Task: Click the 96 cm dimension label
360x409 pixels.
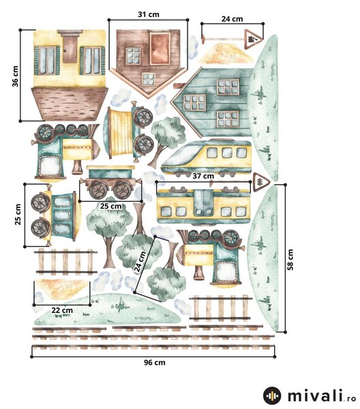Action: [155, 363]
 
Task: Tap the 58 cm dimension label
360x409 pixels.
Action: [290, 260]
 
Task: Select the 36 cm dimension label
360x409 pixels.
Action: [16, 76]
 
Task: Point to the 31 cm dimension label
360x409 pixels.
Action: [149, 14]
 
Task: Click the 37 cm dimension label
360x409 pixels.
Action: [203, 176]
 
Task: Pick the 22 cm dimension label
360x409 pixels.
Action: [62, 310]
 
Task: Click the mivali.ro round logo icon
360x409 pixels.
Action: [272, 395]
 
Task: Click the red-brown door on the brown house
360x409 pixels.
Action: [160, 49]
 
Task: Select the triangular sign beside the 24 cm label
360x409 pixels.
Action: [253, 40]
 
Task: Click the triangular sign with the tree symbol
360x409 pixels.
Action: [260, 181]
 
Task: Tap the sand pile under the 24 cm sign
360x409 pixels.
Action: [226, 54]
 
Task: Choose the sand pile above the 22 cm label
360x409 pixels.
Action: [61, 288]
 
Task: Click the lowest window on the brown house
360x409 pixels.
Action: [149, 79]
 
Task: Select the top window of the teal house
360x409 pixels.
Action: [228, 87]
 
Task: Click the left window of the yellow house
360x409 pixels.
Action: [48, 60]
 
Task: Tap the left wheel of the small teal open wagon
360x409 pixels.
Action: [98, 190]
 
